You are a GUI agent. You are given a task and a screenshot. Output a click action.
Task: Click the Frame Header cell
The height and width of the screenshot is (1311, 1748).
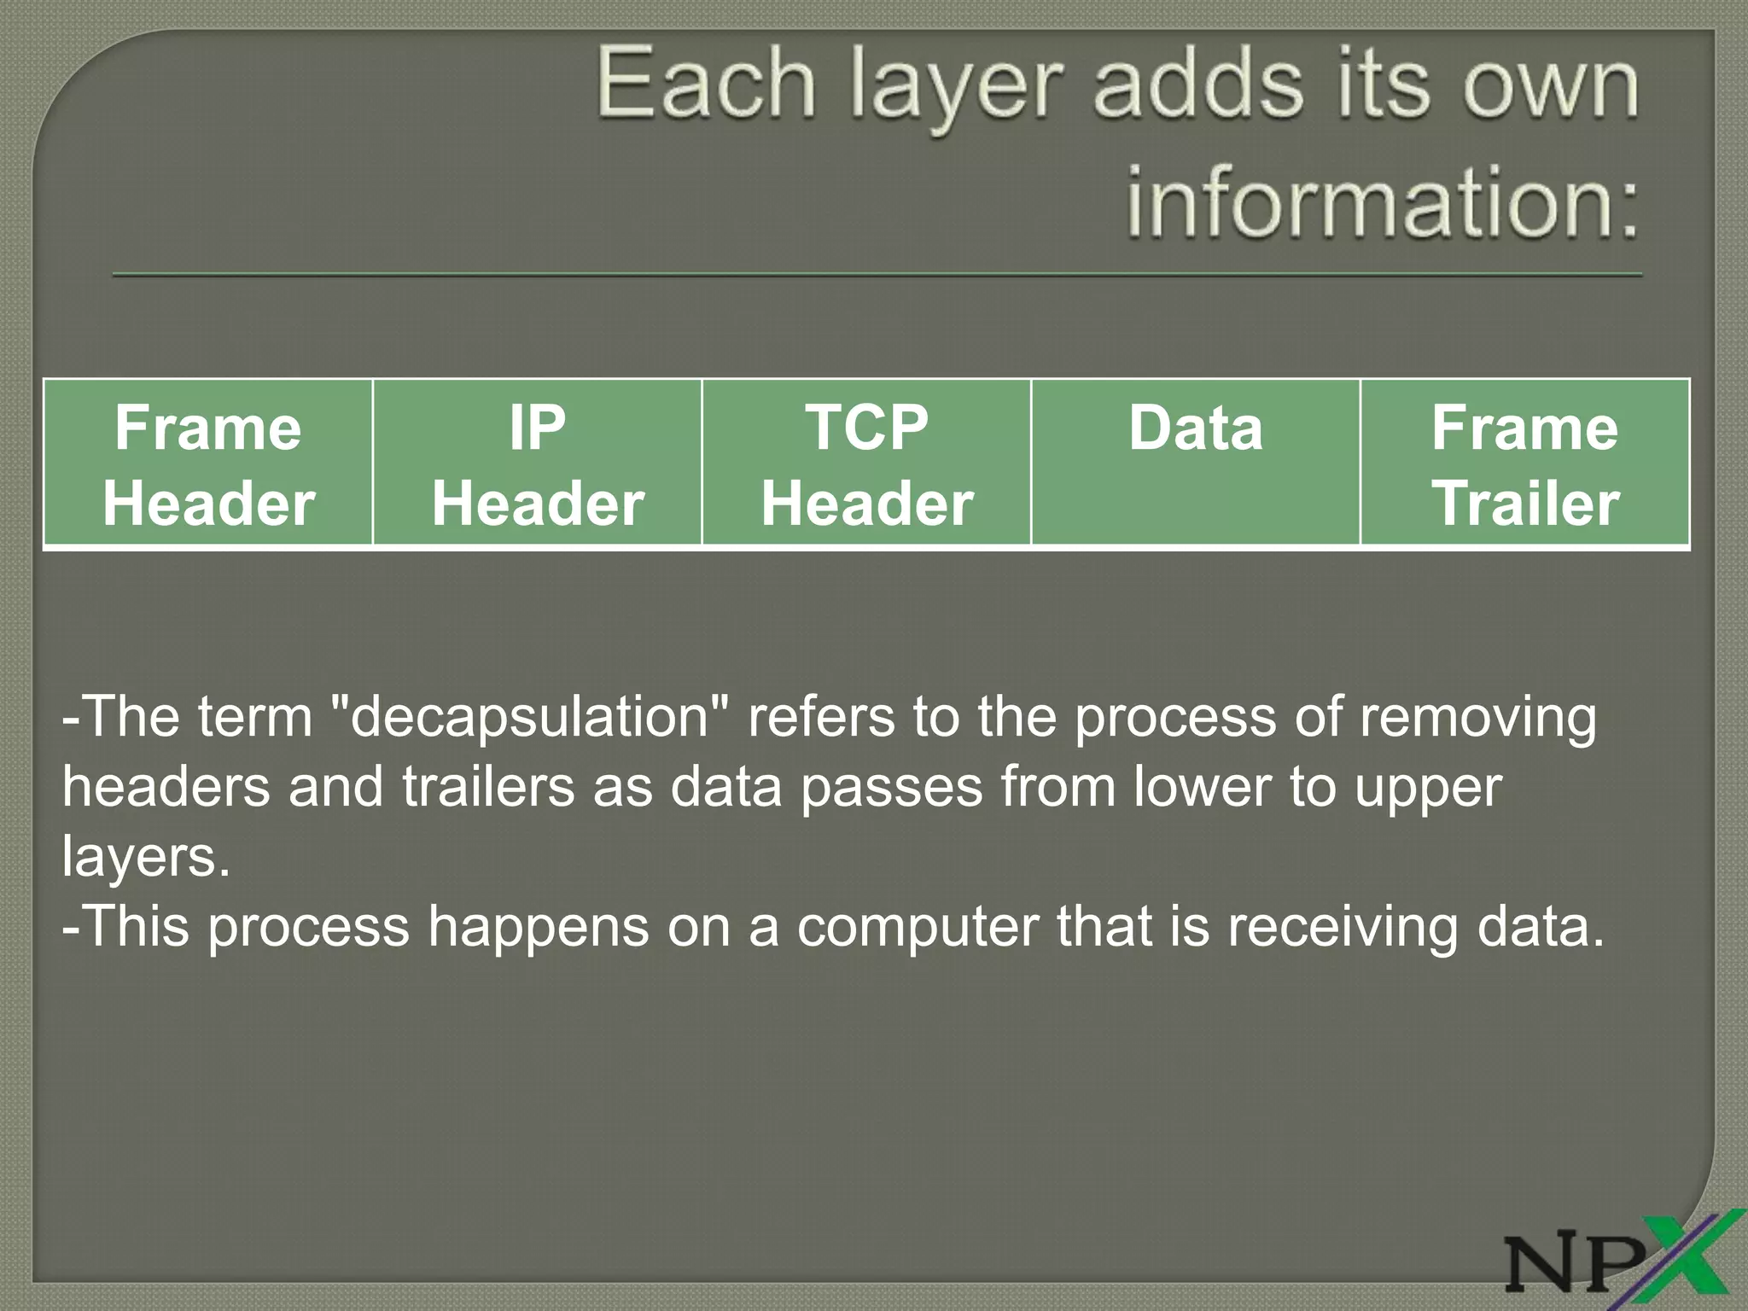[208, 463]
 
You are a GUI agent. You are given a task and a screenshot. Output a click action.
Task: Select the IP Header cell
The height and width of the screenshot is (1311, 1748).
[537, 463]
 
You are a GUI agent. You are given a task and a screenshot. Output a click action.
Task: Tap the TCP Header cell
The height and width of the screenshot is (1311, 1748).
[866, 463]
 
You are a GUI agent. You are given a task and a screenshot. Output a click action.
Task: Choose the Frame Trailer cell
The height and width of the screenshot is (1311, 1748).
[1524, 463]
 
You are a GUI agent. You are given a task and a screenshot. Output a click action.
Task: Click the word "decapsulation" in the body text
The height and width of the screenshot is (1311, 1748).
[529, 718]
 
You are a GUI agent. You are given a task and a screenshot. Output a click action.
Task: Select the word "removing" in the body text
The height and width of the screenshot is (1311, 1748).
[1477, 718]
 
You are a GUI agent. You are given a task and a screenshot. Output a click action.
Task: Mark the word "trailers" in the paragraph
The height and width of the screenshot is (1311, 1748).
[488, 787]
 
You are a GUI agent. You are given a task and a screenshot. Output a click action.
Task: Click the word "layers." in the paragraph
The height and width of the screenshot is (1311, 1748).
[146, 857]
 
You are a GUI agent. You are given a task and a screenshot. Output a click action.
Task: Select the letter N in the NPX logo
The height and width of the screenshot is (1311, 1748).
[1545, 1263]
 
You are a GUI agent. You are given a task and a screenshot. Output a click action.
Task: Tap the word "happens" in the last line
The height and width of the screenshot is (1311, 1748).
[538, 929]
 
